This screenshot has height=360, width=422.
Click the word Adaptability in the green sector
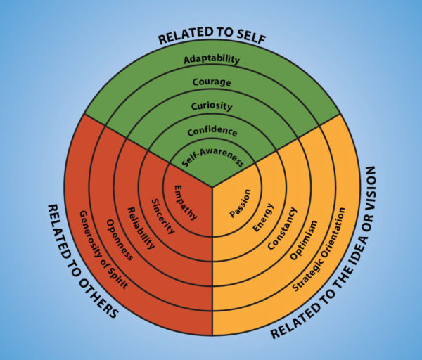coord(212,60)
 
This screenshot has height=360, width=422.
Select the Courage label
coord(212,83)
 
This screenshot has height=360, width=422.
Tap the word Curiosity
coord(212,107)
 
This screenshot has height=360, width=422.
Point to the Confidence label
coord(212,131)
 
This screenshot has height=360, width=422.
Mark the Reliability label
coord(140,227)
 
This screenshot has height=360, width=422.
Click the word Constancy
coord(283,226)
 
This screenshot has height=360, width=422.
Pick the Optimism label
coord(305,239)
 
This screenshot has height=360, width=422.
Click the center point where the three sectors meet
coord(212,186)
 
